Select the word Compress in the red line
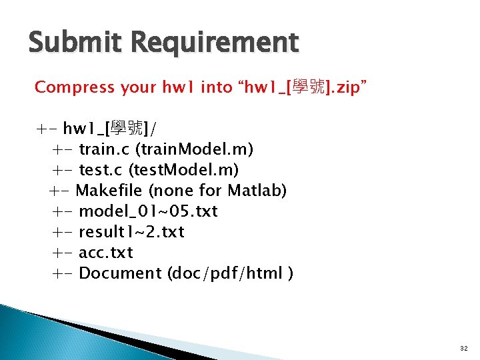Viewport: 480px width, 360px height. (x=75, y=87)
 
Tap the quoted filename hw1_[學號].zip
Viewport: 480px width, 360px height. (x=305, y=87)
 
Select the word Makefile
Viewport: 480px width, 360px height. (x=109, y=191)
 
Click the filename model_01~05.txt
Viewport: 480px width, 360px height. (x=148, y=211)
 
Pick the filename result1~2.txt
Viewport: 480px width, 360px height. (x=131, y=232)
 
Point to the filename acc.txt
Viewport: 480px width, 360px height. (x=105, y=253)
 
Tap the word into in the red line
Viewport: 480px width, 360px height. (x=215, y=87)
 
